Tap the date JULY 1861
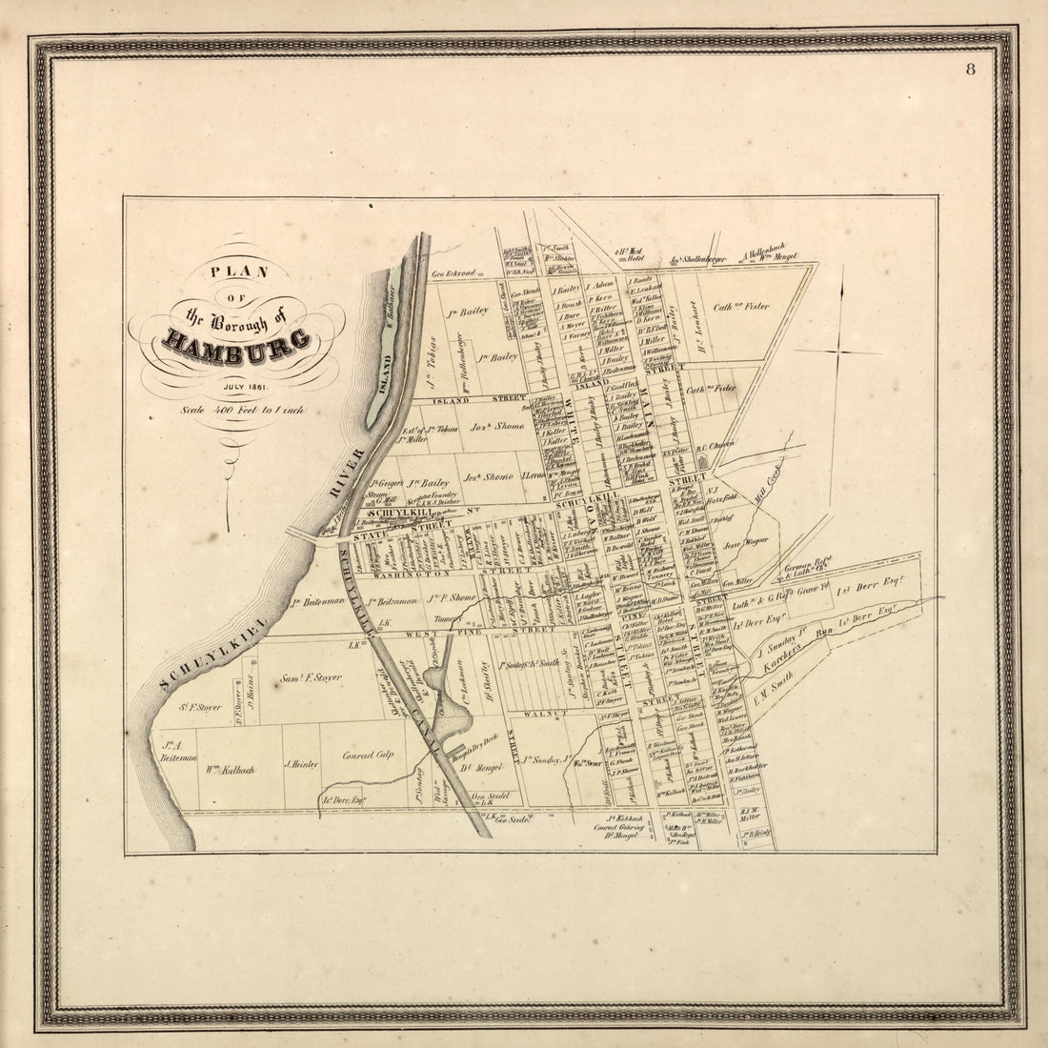pyautogui.click(x=246, y=386)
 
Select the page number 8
pyautogui.click(x=970, y=69)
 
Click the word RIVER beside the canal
pyautogui.click(x=350, y=471)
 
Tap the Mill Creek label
pyautogui.click(x=767, y=494)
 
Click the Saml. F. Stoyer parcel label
pyautogui.click(x=312, y=678)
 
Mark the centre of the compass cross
pyautogui.click(x=839, y=353)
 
